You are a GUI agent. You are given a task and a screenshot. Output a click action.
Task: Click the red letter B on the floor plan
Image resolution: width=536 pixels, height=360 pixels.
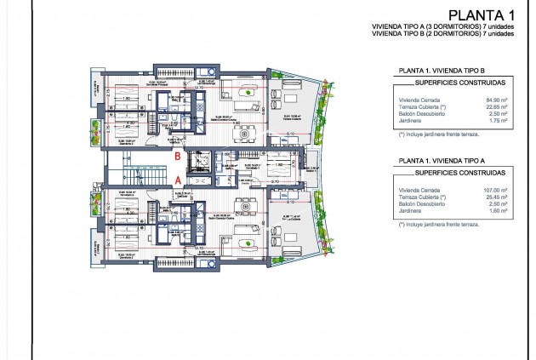[177, 157]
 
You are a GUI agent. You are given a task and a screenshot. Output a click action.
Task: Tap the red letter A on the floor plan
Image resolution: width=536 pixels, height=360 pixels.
[177, 180]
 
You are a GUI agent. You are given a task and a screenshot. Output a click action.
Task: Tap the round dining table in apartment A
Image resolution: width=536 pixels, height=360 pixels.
[244, 206]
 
